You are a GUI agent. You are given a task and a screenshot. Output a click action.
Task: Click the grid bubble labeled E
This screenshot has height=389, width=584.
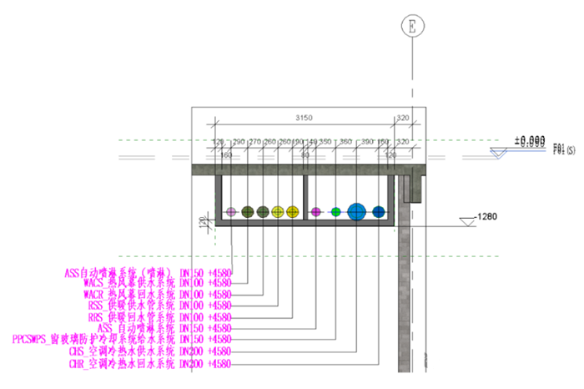click(410, 27)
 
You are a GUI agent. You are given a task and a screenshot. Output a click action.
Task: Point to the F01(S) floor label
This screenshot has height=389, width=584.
click(564, 149)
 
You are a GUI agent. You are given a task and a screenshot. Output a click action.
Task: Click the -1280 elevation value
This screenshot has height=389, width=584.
click(486, 217)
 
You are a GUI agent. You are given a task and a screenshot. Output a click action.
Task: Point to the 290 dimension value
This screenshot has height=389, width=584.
click(239, 142)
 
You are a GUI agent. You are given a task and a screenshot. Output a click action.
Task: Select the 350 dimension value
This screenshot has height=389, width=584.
click(325, 142)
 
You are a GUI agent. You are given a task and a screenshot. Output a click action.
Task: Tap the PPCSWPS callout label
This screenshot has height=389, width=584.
click(122, 340)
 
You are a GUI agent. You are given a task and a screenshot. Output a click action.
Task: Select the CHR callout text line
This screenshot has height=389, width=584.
click(150, 364)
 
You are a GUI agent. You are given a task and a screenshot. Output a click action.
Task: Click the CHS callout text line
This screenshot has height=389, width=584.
click(150, 352)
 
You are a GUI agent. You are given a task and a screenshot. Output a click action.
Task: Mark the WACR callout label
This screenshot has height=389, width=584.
click(158, 295)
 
